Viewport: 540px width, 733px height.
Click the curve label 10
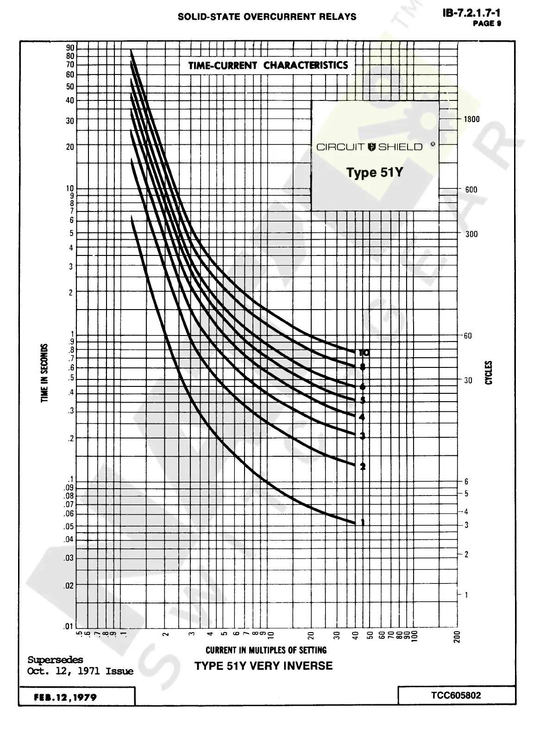[x=364, y=353]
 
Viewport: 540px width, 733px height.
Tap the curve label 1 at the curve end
[x=363, y=522]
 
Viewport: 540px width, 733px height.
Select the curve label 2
[x=363, y=466]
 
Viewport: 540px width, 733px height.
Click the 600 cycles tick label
[x=471, y=190]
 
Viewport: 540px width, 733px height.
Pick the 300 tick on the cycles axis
[x=471, y=234]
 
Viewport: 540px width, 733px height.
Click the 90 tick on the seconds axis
[x=70, y=48]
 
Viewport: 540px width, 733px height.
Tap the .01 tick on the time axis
[x=69, y=627]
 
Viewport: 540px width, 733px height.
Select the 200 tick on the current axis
[x=457, y=636]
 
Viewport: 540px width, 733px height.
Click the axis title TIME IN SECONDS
[x=45, y=373]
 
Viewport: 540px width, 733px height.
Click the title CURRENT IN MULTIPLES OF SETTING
[x=266, y=650]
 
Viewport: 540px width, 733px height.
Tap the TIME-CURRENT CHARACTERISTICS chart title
[x=268, y=65]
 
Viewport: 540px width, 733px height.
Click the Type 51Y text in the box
[x=375, y=173]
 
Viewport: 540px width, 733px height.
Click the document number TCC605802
[x=456, y=696]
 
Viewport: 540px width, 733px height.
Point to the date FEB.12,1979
[x=66, y=697]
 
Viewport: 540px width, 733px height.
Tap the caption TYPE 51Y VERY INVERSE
[x=263, y=666]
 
